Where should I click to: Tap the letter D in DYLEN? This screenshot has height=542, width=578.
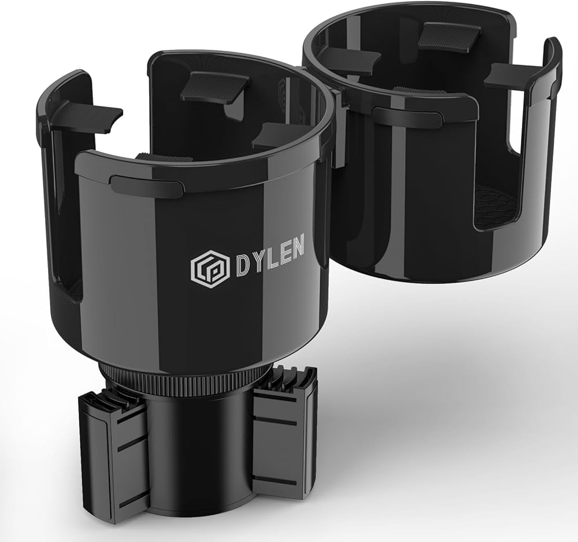(x=243, y=266)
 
